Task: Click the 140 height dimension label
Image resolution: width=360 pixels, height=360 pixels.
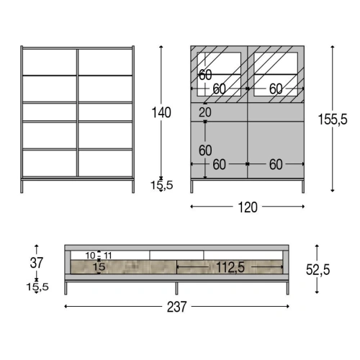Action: pos(161,112)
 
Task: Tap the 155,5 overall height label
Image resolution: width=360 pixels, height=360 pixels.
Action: pos(333,120)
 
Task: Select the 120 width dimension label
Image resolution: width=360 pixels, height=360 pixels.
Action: pos(248,207)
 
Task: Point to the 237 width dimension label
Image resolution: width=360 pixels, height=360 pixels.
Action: pos(176,307)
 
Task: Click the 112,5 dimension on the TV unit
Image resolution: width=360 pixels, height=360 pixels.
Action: pos(230,267)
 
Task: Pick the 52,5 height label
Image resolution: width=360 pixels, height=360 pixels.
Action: pos(318,269)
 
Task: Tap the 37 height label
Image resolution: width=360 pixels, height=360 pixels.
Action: pos(37,263)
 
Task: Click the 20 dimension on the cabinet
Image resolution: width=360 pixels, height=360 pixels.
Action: pos(205,112)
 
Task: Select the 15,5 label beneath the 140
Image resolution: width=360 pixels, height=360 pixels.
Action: pos(161,185)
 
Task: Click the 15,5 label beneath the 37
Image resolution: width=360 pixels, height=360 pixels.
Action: pos(37,287)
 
